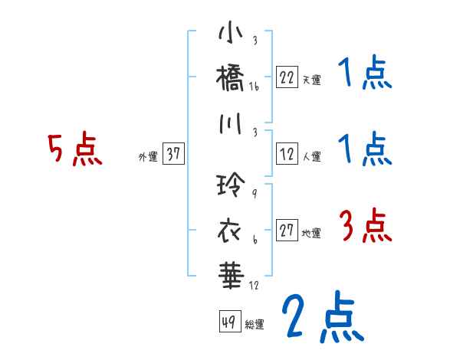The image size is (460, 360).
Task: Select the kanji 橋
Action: click(x=231, y=79)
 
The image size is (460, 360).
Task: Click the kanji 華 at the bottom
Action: click(x=231, y=273)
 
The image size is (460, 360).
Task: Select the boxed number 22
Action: click(x=287, y=77)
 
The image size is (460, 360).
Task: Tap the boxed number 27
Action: click(x=287, y=231)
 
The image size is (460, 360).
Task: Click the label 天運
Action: click(x=311, y=79)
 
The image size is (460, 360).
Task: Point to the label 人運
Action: click(x=311, y=156)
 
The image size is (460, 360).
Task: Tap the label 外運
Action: click(x=148, y=156)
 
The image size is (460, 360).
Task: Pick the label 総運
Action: click(x=255, y=323)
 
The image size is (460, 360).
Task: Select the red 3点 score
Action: click(x=364, y=227)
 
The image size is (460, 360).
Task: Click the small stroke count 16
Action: click(x=254, y=87)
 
